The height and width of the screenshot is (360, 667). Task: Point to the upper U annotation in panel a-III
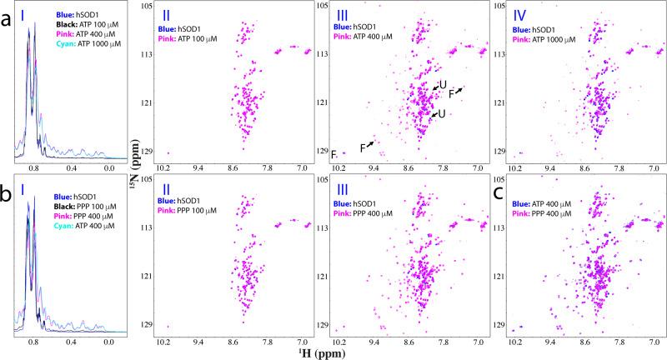pyautogui.click(x=443, y=84)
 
